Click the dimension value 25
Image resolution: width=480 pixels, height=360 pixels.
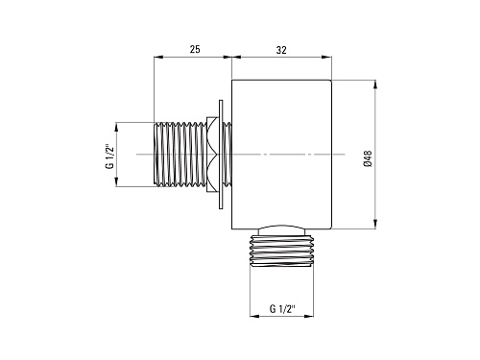pos(195,49)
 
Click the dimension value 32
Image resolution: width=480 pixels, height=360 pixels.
pos(281,50)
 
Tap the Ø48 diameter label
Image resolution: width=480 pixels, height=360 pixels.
pos(368,158)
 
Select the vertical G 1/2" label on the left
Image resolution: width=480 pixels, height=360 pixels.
pos(109,156)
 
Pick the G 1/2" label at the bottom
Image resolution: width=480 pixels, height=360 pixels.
pos(282,309)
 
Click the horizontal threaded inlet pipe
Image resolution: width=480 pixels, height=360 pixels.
pos(180,154)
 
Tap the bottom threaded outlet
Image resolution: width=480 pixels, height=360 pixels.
pos(281,251)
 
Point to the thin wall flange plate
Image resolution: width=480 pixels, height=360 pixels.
pos(221,155)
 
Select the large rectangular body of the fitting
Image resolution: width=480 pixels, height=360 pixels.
pos(281,155)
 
